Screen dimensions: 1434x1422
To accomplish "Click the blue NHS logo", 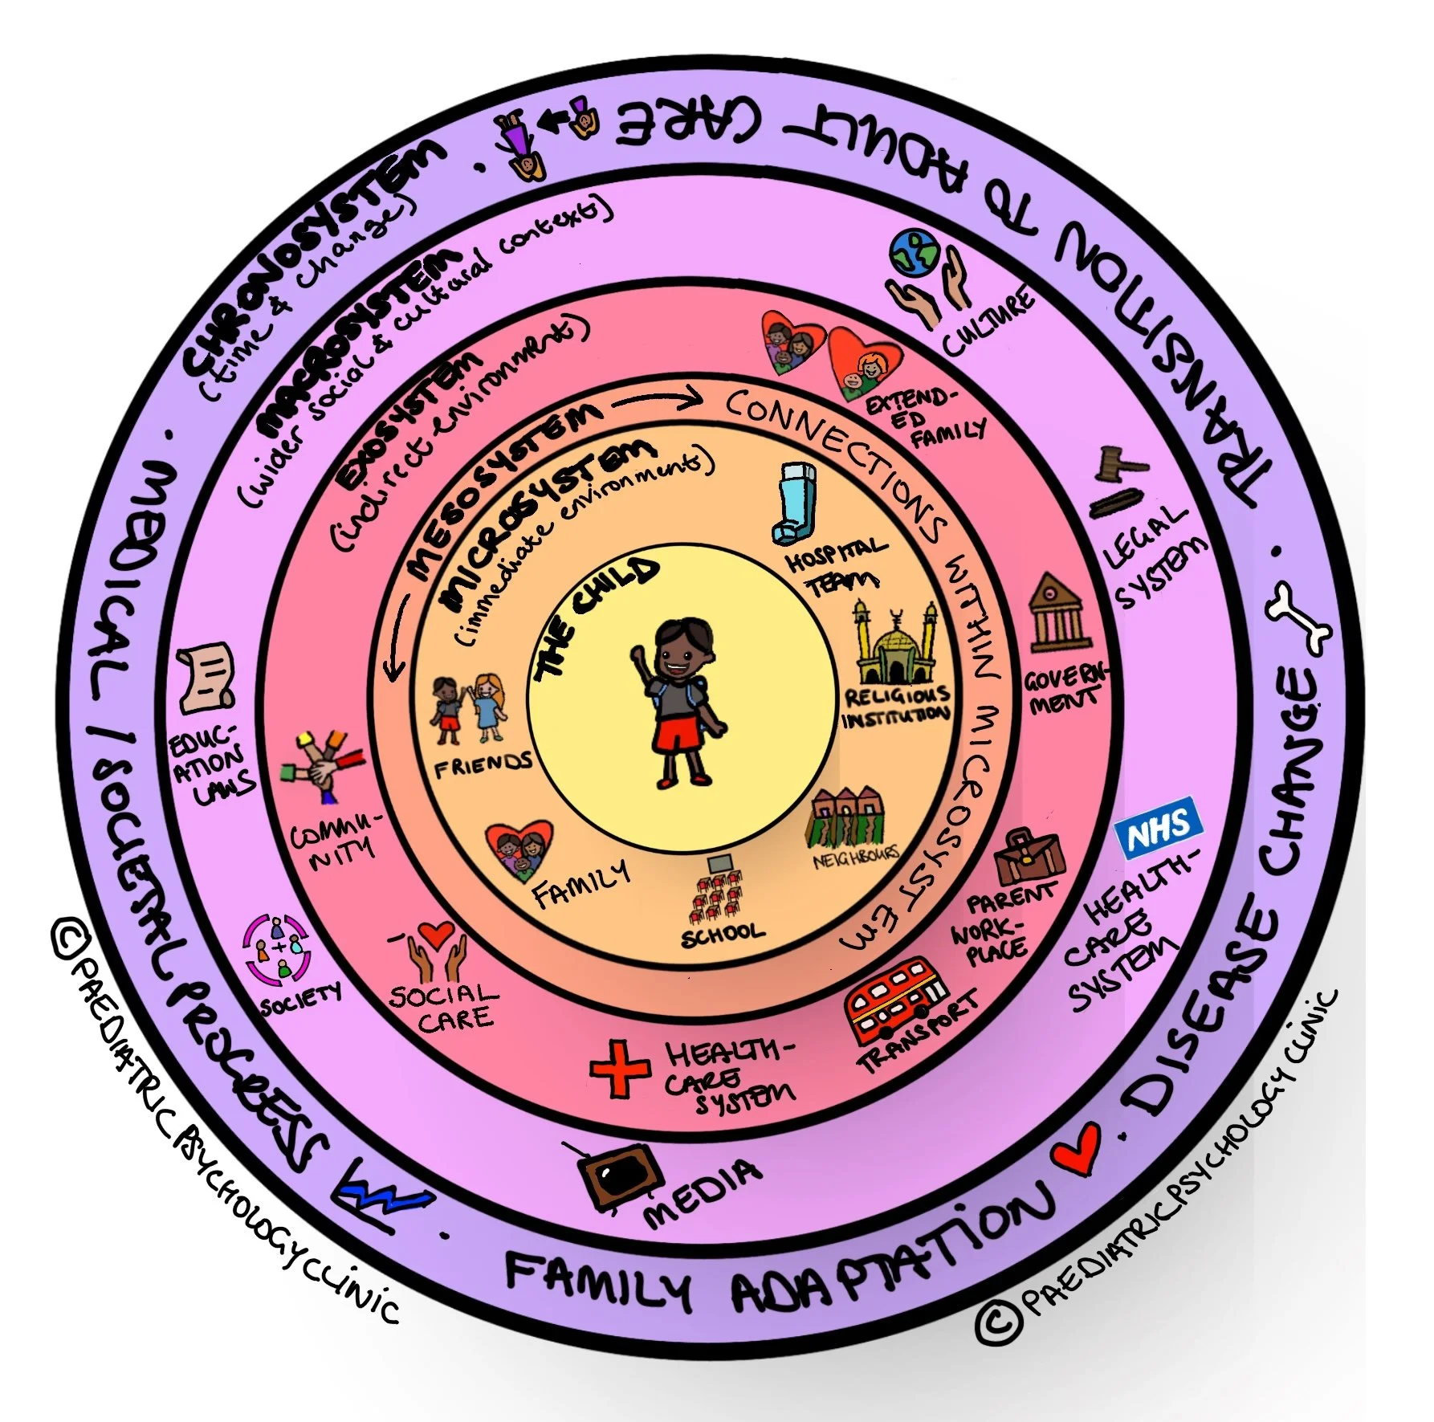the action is (x=1159, y=828).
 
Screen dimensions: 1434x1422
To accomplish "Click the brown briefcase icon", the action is (x=1029, y=857).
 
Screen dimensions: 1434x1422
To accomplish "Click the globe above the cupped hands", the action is (x=914, y=253).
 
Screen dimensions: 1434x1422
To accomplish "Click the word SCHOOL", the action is (x=722, y=934).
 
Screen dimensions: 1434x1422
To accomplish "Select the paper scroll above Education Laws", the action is (x=208, y=677).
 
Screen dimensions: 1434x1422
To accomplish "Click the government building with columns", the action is (x=1059, y=614).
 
